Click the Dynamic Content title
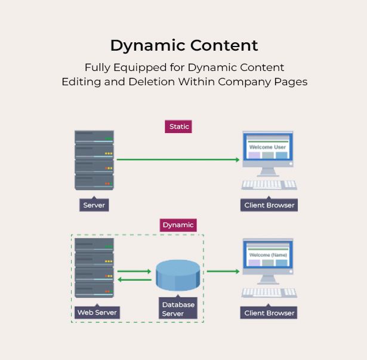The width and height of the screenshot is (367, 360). tap(184, 45)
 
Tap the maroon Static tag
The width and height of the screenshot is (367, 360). tap(178, 126)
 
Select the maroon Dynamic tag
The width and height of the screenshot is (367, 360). tap(178, 225)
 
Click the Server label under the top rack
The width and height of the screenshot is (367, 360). tap(94, 205)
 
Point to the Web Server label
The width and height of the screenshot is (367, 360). tap(97, 312)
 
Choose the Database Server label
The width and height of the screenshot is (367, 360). tap(178, 309)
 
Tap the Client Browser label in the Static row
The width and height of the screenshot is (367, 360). tap(269, 205)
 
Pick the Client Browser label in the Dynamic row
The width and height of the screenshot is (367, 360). tap(269, 312)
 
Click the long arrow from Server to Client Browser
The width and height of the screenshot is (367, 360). tap(178, 160)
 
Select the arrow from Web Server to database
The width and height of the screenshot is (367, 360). tap(134, 271)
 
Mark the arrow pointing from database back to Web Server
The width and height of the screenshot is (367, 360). tap(134, 280)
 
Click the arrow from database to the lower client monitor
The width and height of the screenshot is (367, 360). tap(223, 271)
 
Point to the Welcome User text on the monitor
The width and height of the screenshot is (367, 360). tap(267, 147)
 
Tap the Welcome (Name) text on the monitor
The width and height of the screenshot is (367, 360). tap(268, 255)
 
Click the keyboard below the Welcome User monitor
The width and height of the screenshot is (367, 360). tap(269, 184)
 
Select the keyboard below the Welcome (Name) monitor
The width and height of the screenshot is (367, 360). tap(269, 292)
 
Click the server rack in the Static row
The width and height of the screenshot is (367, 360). tap(94, 160)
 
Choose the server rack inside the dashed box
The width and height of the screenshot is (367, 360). tap(94, 268)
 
